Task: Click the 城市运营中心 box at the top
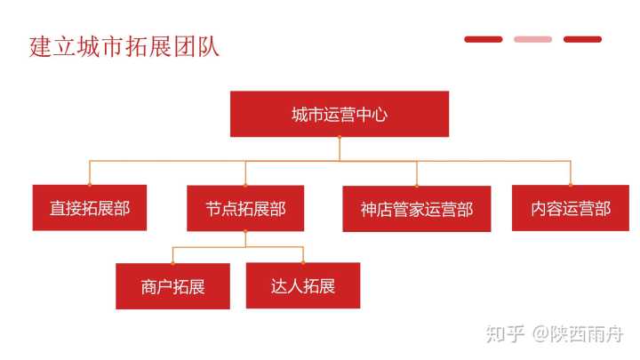(x=339, y=114)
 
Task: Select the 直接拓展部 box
(x=89, y=208)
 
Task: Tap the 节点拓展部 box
(x=245, y=208)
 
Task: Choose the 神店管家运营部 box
(x=416, y=209)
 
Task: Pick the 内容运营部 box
(x=571, y=208)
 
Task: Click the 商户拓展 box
(x=172, y=286)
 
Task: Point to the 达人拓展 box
(x=302, y=285)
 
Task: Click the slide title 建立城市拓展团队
(x=124, y=46)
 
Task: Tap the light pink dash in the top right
(x=532, y=39)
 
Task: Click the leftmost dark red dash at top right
(x=483, y=39)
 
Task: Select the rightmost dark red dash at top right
(x=582, y=39)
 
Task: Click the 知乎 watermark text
(x=503, y=334)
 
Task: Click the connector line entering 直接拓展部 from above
(x=89, y=173)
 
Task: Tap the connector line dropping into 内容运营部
(x=571, y=172)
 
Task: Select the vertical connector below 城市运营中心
(x=339, y=148)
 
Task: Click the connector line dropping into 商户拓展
(x=172, y=255)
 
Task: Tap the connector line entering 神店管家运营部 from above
(x=416, y=173)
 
